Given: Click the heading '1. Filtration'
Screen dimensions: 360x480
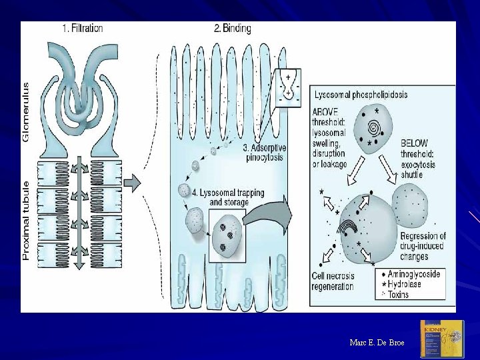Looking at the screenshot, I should tap(82, 28).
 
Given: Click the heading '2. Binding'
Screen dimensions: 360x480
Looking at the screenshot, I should tap(232, 28).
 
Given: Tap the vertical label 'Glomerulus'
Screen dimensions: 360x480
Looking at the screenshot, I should tap(27, 111).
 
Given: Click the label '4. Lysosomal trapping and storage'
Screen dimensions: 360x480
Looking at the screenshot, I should tap(229, 197).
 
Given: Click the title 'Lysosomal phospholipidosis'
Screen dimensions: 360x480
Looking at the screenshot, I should tap(361, 95).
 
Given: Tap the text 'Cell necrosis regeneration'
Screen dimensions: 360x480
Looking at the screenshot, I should tap(333, 281).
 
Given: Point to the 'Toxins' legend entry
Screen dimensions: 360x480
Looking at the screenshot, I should tap(399, 294).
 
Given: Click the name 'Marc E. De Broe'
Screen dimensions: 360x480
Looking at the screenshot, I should tap(377, 342).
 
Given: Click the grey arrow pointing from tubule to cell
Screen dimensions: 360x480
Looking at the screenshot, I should tap(132, 182).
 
